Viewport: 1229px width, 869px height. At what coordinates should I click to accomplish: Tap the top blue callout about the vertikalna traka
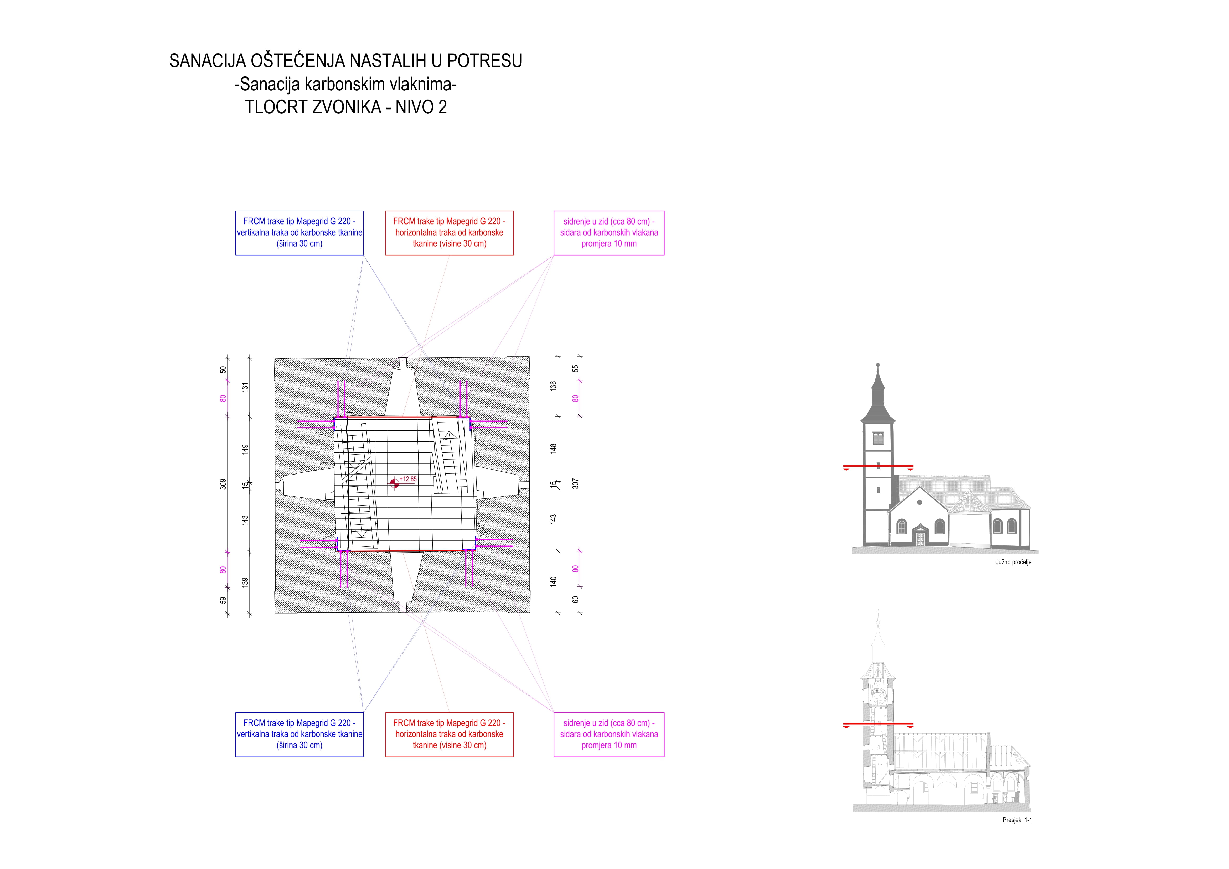[x=299, y=233]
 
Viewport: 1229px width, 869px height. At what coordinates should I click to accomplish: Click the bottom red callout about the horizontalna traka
[x=449, y=735]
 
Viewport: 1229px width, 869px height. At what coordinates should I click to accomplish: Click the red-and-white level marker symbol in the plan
[x=395, y=484]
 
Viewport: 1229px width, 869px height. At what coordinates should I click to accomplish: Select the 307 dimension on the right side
[x=575, y=484]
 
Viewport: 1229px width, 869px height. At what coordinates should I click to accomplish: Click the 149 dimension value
[x=245, y=450]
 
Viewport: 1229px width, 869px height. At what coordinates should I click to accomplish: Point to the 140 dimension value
[x=554, y=581]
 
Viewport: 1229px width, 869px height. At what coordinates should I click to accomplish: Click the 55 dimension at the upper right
[x=575, y=368]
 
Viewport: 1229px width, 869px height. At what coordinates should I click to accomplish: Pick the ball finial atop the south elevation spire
[x=878, y=366]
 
